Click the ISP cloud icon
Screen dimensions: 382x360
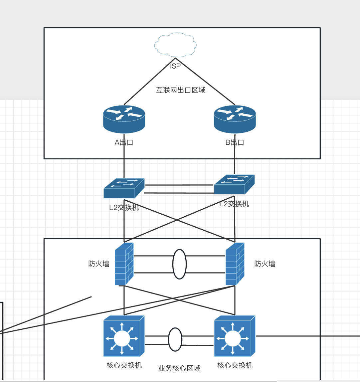175,45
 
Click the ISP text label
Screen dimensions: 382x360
175,66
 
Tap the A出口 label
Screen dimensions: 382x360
124,142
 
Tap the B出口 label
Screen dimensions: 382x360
235,142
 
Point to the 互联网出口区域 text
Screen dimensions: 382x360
181,90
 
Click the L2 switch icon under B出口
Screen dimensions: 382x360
234,185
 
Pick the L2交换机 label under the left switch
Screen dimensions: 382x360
124,208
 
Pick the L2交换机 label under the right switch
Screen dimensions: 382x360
234,204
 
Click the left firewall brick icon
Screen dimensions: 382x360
124,264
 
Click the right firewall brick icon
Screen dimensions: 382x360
235,264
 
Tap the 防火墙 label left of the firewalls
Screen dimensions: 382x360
99,264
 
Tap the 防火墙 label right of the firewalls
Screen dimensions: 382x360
265,264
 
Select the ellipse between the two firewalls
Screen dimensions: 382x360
179,264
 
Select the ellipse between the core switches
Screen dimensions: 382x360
175,340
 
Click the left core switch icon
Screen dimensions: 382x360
124,336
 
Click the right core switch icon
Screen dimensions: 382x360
235,336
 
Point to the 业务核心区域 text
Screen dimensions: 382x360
179,368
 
